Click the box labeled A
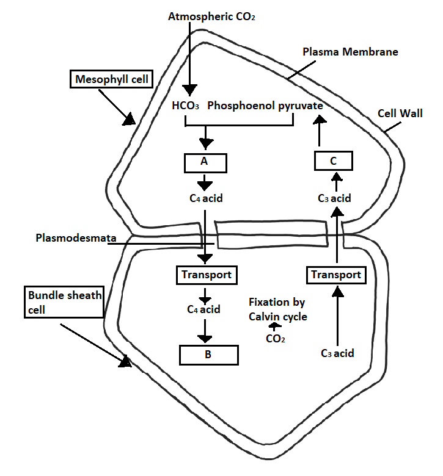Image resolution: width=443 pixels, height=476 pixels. (205, 163)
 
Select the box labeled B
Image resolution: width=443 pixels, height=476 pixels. (207, 354)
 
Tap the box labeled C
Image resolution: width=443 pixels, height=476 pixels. (334, 161)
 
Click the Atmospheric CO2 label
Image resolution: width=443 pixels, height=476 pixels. (211, 16)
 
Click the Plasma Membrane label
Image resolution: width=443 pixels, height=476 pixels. (350, 52)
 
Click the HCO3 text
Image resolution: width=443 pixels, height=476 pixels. (186, 106)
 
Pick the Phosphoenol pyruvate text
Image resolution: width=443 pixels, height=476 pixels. (265, 106)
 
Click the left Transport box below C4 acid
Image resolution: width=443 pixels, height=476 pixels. (207, 275)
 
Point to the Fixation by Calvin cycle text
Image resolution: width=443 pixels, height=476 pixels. (277, 309)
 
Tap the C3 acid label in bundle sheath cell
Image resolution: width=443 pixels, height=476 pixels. (337, 353)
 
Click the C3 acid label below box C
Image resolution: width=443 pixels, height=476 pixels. (334, 198)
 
